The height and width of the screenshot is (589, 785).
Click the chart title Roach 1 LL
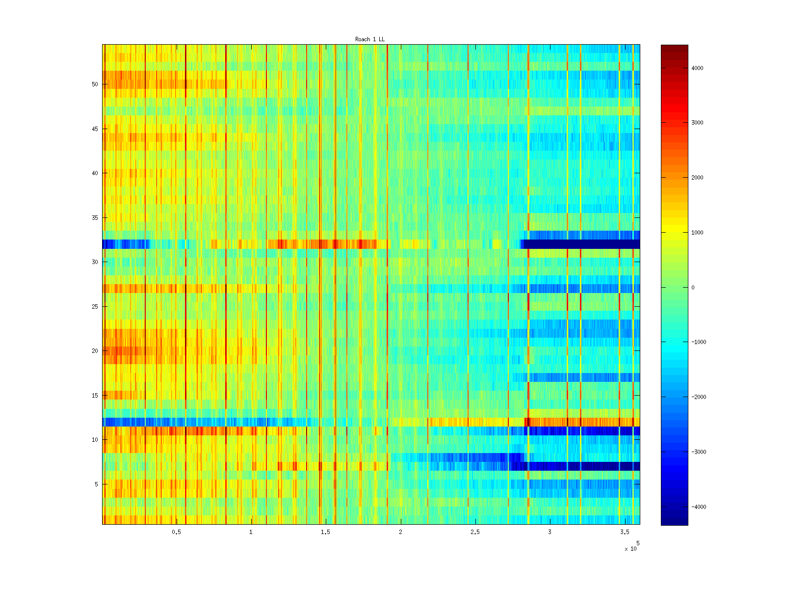(x=370, y=39)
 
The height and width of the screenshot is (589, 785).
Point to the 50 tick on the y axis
(x=95, y=84)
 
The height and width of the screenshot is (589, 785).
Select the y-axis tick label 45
(x=95, y=129)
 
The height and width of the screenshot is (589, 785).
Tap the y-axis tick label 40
(x=95, y=173)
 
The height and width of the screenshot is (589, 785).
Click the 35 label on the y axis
(x=95, y=218)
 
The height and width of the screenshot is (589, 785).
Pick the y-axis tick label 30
(x=95, y=262)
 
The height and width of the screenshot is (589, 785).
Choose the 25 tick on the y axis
(x=95, y=307)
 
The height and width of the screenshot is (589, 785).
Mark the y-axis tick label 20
(x=95, y=351)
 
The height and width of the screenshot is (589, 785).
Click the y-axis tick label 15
(x=95, y=396)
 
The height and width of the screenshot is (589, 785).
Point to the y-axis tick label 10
(x=95, y=440)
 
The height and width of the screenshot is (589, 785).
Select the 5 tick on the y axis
(x=96, y=484)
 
